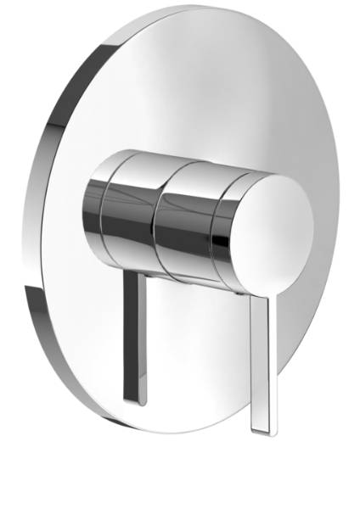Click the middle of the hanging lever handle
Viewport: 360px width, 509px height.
259,356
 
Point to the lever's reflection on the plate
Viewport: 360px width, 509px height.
134,339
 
